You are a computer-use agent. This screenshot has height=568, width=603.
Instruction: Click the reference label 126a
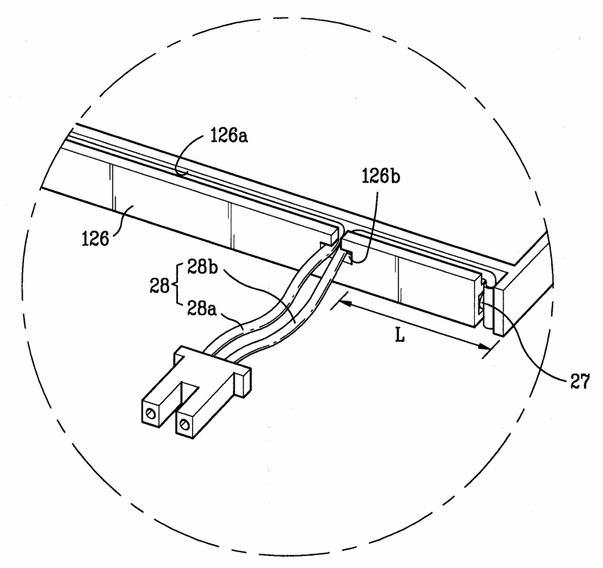[x=229, y=136]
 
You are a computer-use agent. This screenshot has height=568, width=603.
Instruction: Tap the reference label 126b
[x=381, y=176]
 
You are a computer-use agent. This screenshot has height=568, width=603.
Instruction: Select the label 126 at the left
[x=95, y=239]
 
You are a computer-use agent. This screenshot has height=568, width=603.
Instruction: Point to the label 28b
[x=202, y=267]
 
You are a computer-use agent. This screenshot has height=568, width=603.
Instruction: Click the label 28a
[x=202, y=308]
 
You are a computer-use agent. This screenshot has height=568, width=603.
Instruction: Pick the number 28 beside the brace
[x=159, y=286]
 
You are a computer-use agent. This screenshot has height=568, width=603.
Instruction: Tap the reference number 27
[x=580, y=382]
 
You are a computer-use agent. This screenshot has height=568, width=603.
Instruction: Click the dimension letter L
[x=400, y=336]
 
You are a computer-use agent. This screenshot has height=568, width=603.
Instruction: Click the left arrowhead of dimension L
[x=345, y=304]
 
